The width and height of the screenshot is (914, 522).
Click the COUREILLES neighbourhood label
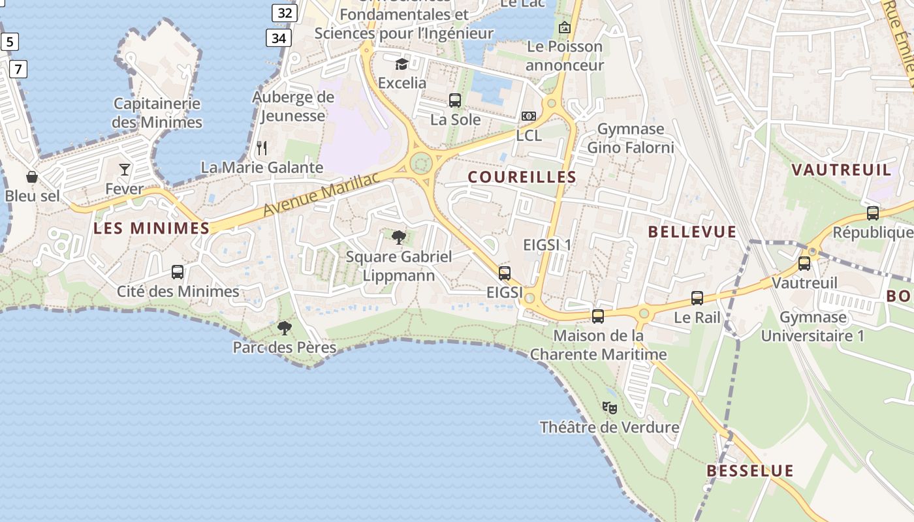click(x=522, y=177)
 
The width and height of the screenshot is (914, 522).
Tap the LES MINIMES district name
click(x=151, y=228)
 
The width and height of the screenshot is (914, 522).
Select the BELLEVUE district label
click(x=692, y=232)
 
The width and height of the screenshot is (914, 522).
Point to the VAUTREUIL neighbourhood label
click(x=841, y=170)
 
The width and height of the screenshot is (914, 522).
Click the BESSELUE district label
click(x=750, y=470)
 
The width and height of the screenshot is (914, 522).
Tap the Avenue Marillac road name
click(x=322, y=195)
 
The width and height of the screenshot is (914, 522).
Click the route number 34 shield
click(x=279, y=38)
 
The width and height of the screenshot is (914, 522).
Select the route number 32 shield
click(x=285, y=12)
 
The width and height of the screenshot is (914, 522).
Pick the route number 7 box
click(x=18, y=68)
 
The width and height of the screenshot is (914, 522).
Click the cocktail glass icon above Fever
click(x=125, y=170)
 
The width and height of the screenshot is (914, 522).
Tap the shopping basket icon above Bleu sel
click(x=31, y=177)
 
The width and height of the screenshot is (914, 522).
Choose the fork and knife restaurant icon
click(x=262, y=148)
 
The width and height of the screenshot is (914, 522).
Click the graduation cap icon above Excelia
click(x=402, y=64)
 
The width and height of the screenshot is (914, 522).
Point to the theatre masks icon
click(x=610, y=408)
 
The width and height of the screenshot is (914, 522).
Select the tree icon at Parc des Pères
click(x=284, y=328)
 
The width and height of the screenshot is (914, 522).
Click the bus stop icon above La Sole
click(x=455, y=100)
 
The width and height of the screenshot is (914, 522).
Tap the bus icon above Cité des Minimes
click(x=178, y=271)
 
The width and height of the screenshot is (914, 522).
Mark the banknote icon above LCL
click(x=528, y=116)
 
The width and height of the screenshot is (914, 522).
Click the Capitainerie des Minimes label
click(x=157, y=113)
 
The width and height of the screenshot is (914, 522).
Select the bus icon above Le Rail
click(x=697, y=298)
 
